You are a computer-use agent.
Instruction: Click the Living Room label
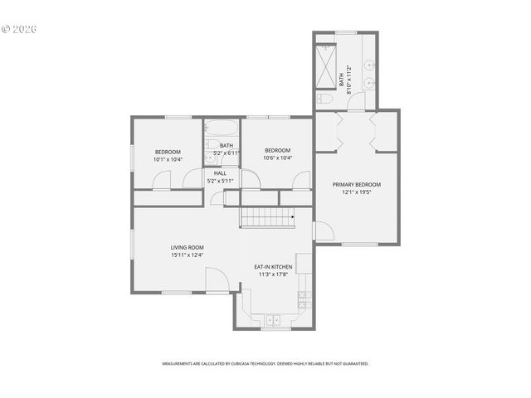[x=187, y=247]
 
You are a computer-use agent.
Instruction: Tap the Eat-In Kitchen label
[x=273, y=266]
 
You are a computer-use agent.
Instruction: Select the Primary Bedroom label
[x=357, y=184]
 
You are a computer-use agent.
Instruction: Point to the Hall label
[x=220, y=173]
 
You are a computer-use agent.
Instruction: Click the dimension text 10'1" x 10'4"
[x=168, y=159]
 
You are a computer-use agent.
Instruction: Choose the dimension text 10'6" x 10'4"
[x=277, y=158]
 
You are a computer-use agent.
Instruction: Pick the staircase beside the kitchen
[x=268, y=217]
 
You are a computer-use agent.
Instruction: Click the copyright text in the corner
[x=19, y=28]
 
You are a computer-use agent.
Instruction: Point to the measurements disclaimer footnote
[x=265, y=363]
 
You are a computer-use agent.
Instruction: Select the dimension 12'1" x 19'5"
[x=357, y=192]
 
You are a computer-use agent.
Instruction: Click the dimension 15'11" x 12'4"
[x=187, y=255]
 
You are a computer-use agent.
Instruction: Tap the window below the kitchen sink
[x=275, y=329]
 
